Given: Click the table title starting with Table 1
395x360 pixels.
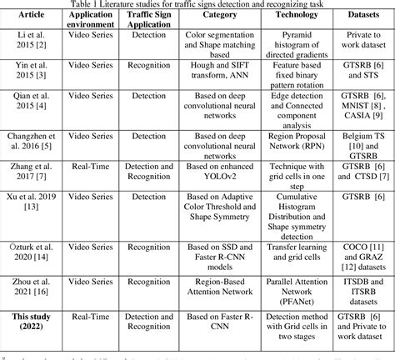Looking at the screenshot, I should pyautogui.click(x=197, y=6).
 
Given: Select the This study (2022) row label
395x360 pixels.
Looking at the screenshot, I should pyautogui.click(x=31, y=323).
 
